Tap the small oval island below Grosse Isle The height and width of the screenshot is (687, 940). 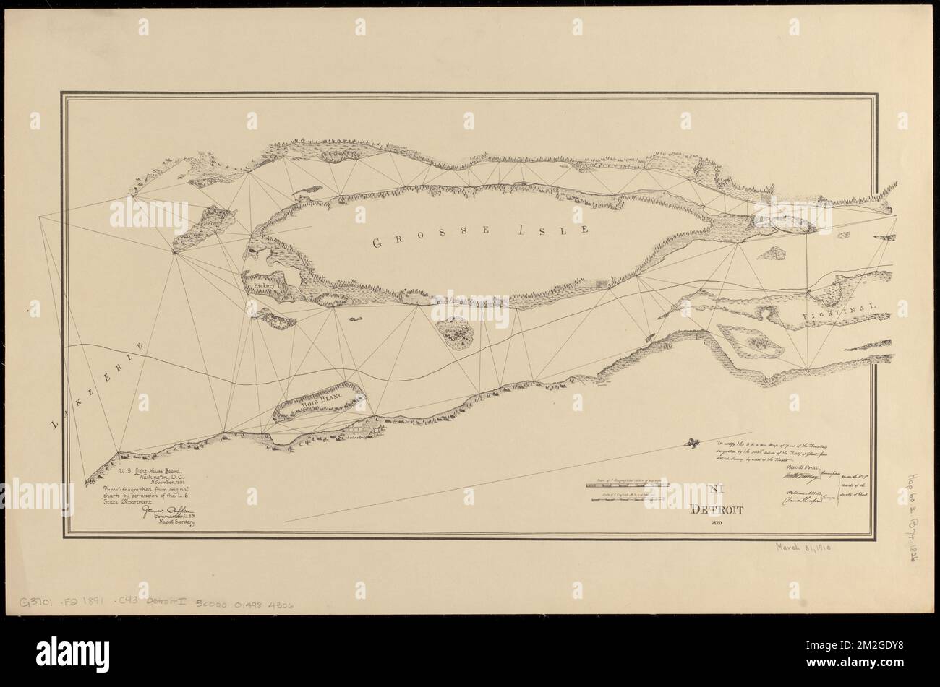456,332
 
